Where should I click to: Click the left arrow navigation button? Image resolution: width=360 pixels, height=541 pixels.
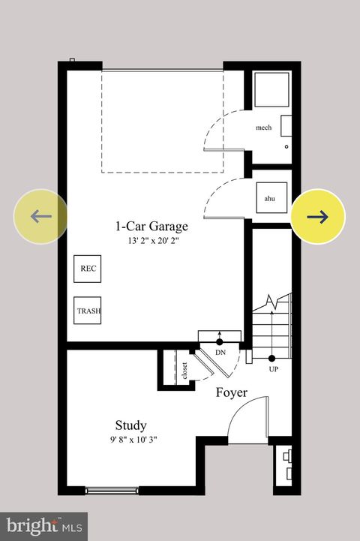pyautogui.click(x=40, y=217)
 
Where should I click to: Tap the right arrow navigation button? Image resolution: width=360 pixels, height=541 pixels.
pyautogui.click(x=318, y=217)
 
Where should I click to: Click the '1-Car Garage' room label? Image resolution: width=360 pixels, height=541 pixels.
pyautogui.click(x=151, y=226)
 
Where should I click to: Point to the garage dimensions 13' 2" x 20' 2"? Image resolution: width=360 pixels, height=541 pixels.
pyautogui.click(x=152, y=242)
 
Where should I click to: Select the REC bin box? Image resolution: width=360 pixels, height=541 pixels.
pyautogui.click(x=88, y=269)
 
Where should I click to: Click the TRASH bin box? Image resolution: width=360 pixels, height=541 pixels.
pyautogui.click(x=88, y=310)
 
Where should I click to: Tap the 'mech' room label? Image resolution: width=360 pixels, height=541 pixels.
pyautogui.click(x=263, y=128)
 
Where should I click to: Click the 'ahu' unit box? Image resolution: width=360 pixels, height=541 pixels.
pyautogui.click(x=270, y=198)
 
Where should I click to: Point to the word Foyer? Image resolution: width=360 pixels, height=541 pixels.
pyautogui.click(x=232, y=392)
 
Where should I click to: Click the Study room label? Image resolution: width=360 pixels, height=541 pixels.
pyautogui.click(x=130, y=425)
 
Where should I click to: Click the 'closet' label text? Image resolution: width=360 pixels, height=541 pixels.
pyautogui.click(x=184, y=371)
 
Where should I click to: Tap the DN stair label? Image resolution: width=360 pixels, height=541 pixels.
pyautogui.click(x=220, y=353)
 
